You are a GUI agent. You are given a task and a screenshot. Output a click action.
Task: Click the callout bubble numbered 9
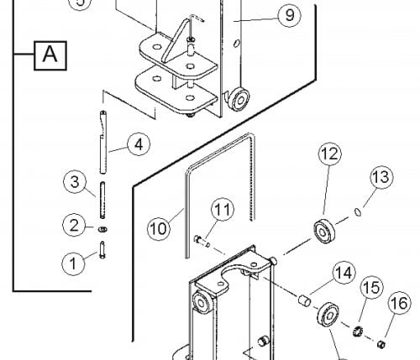click(x=290, y=15)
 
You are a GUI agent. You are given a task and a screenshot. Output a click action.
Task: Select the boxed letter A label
click(x=50, y=55)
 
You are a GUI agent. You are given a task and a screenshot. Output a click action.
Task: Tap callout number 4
click(x=139, y=144)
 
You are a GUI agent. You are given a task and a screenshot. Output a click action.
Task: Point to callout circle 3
click(x=75, y=182)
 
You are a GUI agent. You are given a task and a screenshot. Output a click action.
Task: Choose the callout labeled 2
click(x=74, y=225)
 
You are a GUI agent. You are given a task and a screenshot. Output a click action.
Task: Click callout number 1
click(x=73, y=263)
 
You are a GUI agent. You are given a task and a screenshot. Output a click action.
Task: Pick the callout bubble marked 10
click(x=159, y=228)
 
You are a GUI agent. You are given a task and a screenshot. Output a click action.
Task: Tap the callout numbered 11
click(x=223, y=209)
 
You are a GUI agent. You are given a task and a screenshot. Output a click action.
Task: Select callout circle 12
click(x=330, y=154)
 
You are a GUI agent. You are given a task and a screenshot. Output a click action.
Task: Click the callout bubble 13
click(x=381, y=177)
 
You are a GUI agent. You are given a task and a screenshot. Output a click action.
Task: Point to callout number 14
click(x=344, y=273)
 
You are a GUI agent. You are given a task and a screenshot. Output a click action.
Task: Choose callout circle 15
click(x=372, y=287)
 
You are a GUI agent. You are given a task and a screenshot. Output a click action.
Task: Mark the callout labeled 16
click(x=399, y=303)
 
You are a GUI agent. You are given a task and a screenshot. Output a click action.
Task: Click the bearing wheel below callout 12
click(x=324, y=232)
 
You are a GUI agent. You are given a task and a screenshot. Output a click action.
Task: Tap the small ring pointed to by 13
click(x=358, y=212)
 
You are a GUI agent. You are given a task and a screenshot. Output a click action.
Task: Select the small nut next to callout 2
click(x=102, y=229)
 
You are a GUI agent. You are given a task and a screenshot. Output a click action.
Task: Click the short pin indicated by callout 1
click(x=102, y=250)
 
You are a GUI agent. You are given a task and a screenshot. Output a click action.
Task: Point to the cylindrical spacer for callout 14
click(x=304, y=300)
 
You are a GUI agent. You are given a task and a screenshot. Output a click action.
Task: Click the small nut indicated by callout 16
click(x=381, y=344)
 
